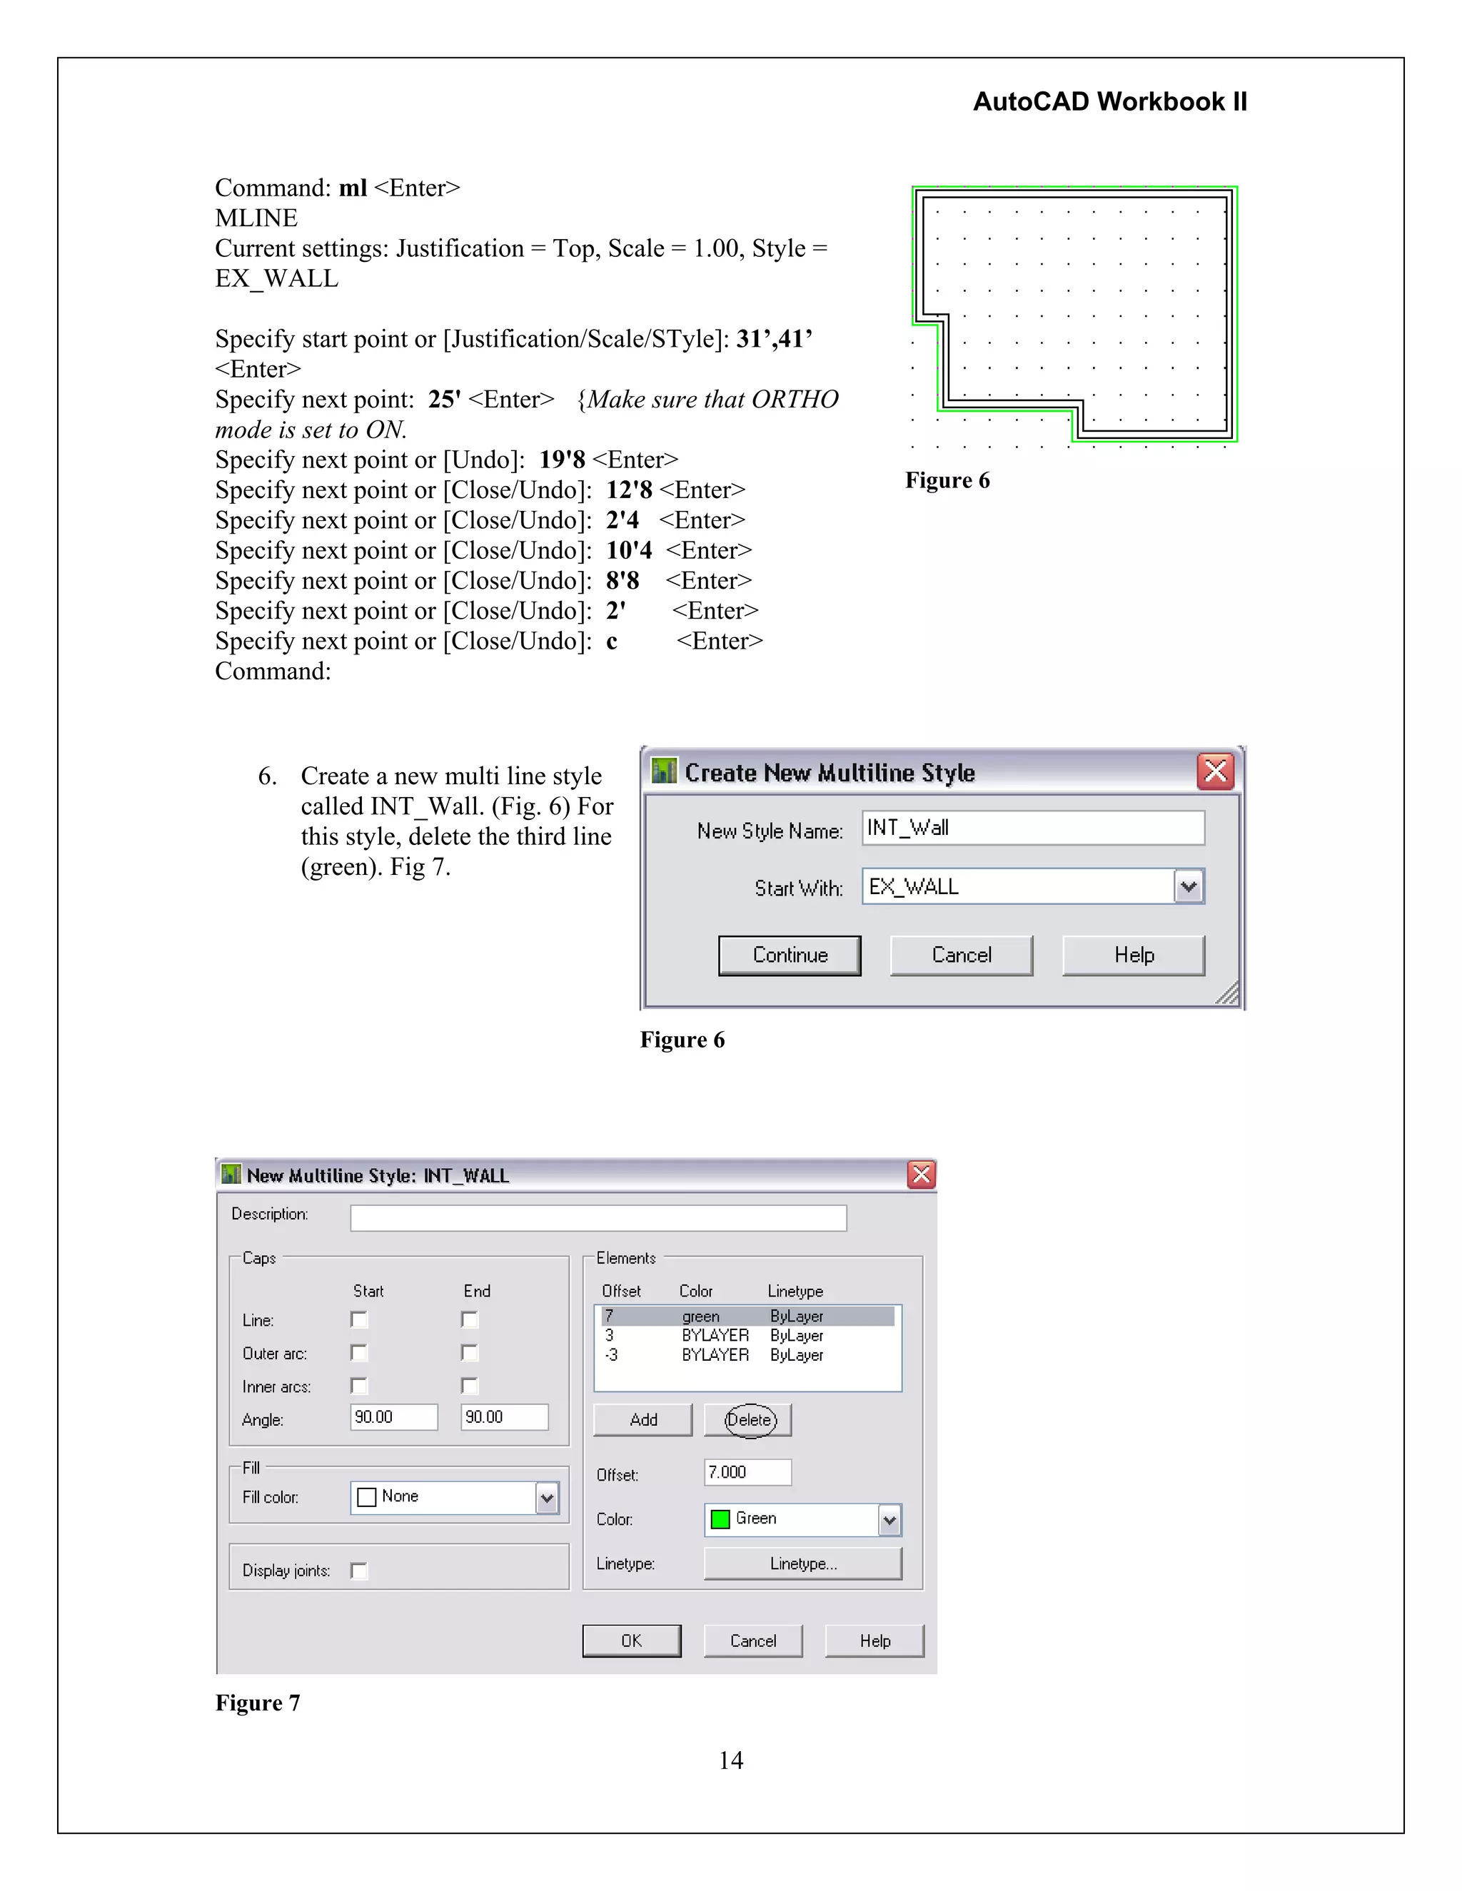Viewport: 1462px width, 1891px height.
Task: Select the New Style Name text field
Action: coord(1032,828)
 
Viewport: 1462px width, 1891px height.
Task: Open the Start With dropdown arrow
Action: coord(1189,886)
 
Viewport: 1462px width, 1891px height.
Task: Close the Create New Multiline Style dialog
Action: coord(1215,771)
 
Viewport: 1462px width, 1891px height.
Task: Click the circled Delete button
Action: coord(749,1420)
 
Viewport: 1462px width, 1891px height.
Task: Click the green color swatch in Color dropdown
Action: coord(720,1519)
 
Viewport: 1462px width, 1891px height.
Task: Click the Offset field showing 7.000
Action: coord(747,1472)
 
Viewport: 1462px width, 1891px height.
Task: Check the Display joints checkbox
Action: coord(358,1571)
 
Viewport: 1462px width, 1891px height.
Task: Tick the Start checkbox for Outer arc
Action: coord(358,1352)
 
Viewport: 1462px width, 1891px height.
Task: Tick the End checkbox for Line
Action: coord(470,1319)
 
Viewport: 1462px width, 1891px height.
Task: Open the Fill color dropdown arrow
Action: coord(547,1498)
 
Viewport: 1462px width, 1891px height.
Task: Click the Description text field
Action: coord(598,1217)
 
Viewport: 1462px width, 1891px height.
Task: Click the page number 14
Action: coord(730,1760)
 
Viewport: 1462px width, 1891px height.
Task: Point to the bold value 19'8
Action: coord(562,460)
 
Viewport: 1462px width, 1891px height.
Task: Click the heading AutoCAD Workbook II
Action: coord(1109,101)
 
